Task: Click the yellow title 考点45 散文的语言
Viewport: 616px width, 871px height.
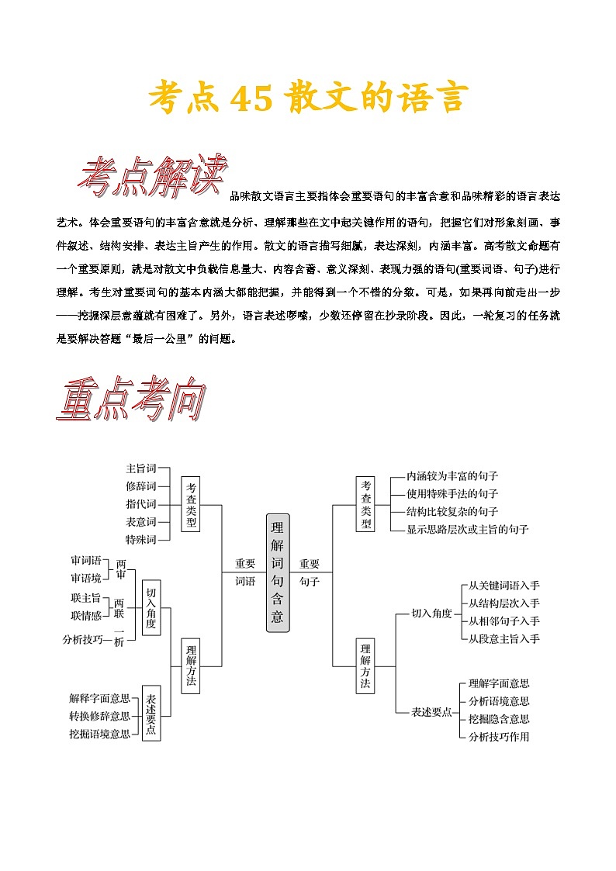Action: pos(308,99)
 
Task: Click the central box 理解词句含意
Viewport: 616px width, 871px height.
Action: pos(278,572)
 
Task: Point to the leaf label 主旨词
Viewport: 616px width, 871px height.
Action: pos(141,468)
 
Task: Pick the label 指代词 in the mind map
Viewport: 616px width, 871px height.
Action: pos(141,504)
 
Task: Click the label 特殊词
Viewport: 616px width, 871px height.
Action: pos(141,539)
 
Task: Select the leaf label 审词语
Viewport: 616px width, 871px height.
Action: pos(86,560)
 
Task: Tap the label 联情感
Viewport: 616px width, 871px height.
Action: pos(86,615)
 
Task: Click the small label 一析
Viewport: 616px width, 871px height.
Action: pos(119,641)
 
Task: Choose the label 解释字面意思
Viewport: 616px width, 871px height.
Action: pos(99,697)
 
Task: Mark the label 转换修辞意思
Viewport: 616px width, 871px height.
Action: pos(99,715)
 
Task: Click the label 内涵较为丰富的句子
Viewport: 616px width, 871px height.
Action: pos(452,475)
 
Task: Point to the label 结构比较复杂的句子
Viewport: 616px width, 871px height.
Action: pos(452,511)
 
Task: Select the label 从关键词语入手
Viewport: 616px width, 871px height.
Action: pos(504,586)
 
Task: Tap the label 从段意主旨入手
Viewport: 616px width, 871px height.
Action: pos(504,638)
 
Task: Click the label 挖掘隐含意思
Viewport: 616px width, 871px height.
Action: pos(499,719)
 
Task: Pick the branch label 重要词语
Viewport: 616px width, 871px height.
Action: pos(245,572)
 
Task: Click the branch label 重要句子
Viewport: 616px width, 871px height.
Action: pos(310,572)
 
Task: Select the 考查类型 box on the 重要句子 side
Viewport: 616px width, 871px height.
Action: pos(365,504)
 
